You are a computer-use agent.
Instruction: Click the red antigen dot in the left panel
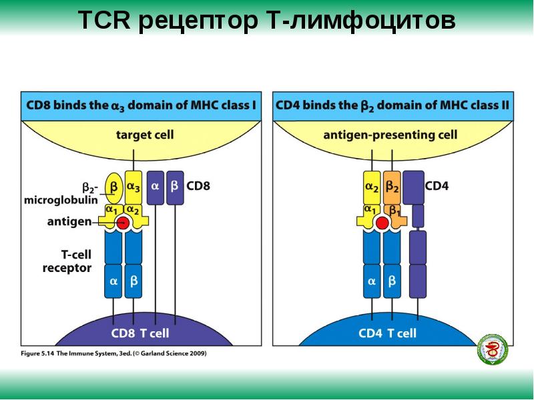(123, 225)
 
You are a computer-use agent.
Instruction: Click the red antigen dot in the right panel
(382, 224)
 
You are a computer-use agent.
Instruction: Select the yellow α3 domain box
(134, 187)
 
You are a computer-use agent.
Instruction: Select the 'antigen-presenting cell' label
(390, 135)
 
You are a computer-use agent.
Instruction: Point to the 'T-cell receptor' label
(67, 262)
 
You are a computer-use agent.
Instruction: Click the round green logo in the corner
(493, 349)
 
